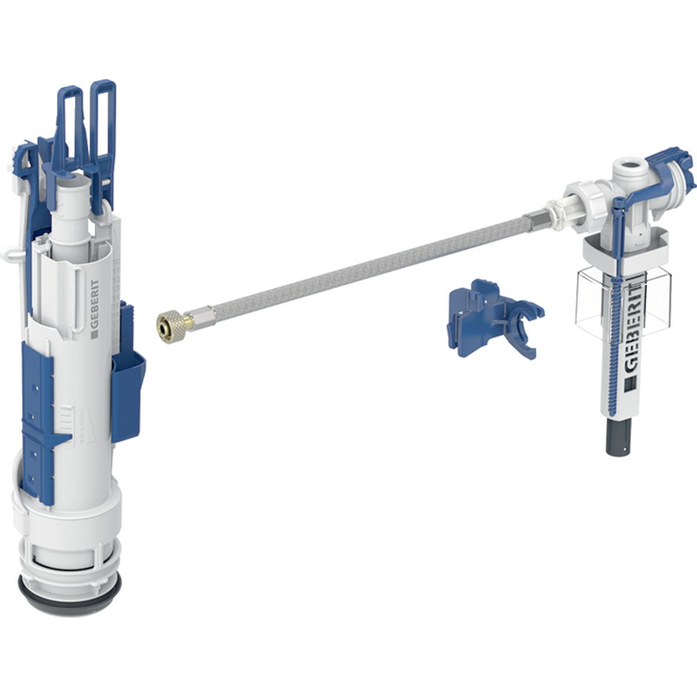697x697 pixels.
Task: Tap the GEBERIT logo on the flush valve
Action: (x=95, y=308)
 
